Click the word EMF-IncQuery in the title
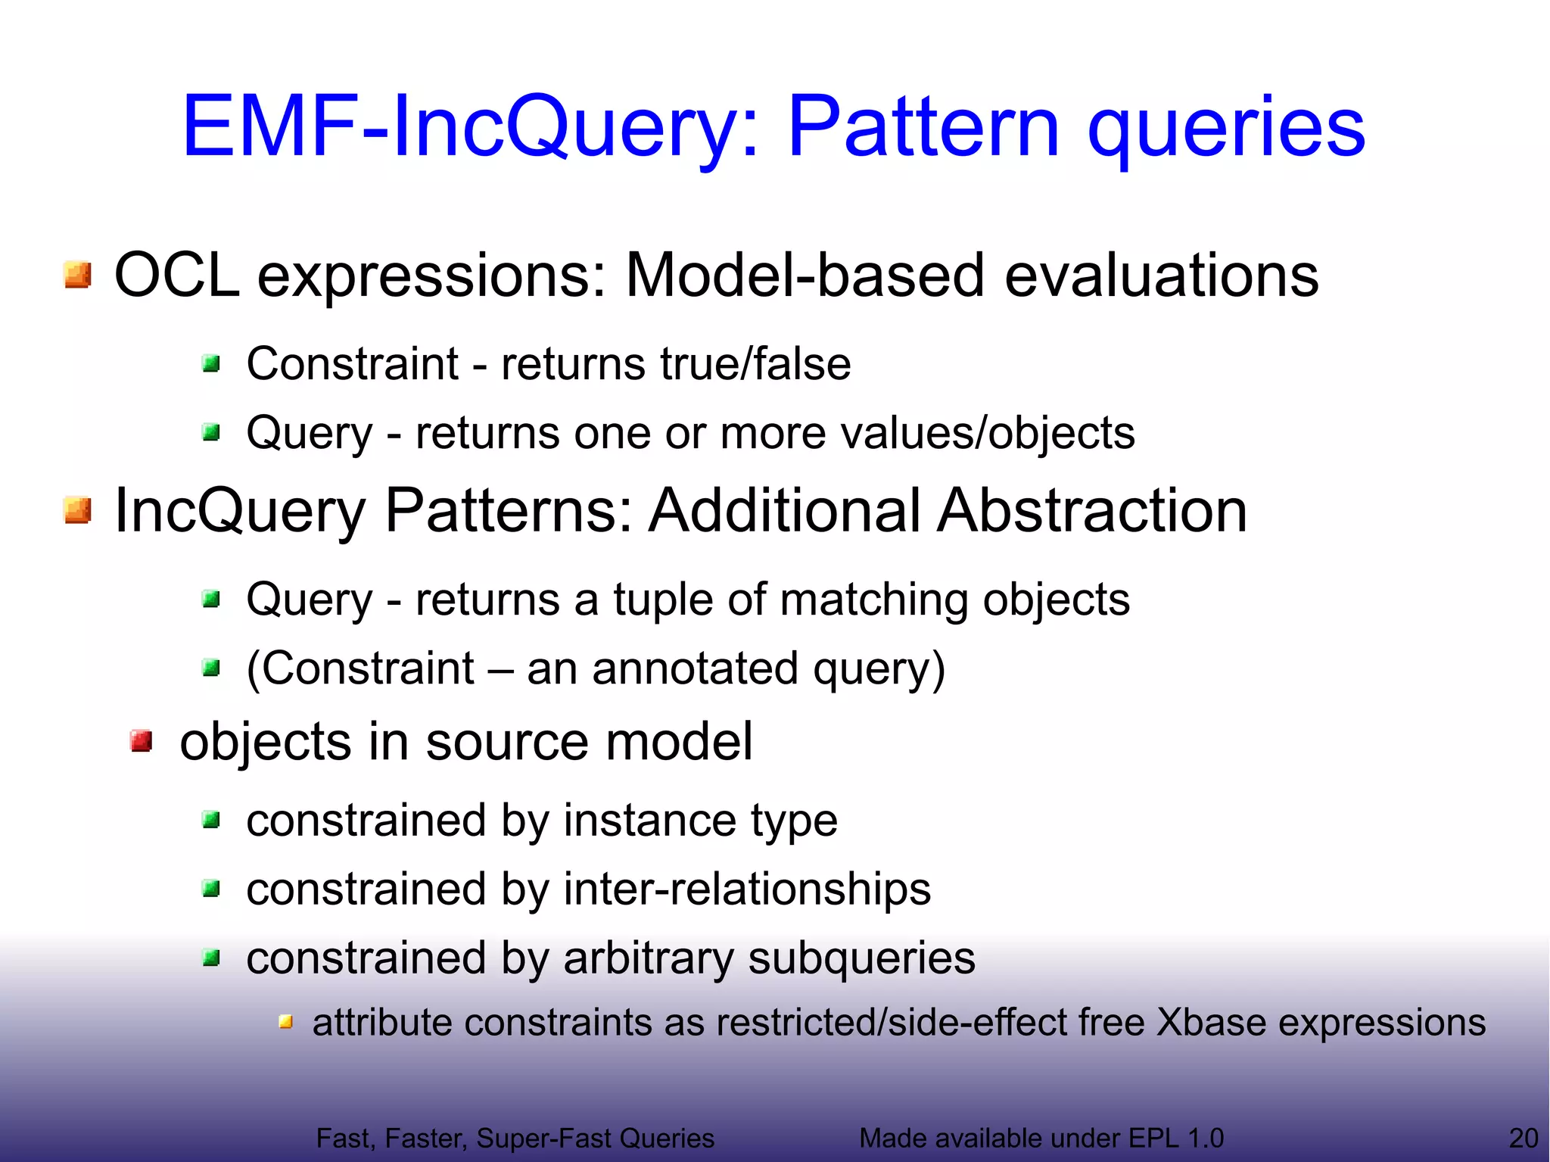pos(469,127)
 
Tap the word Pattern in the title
pos(923,127)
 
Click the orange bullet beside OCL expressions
pos(78,275)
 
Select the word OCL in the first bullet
pos(176,275)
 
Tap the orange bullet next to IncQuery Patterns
pos(78,510)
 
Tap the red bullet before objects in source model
pos(141,740)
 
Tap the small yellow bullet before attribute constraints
pos(285,1023)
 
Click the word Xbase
pos(1211,1022)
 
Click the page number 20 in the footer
pos(1523,1138)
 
